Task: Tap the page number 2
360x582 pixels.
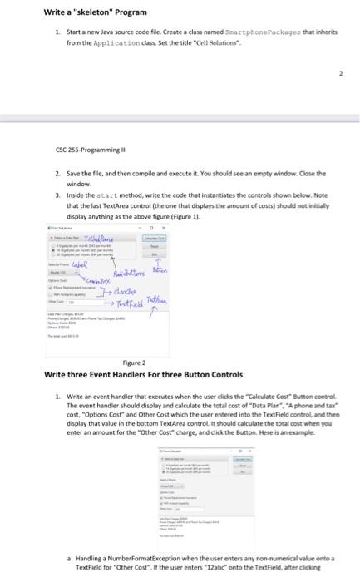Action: [x=339, y=72]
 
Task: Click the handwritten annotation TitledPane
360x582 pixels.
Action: [x=132, y=212]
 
